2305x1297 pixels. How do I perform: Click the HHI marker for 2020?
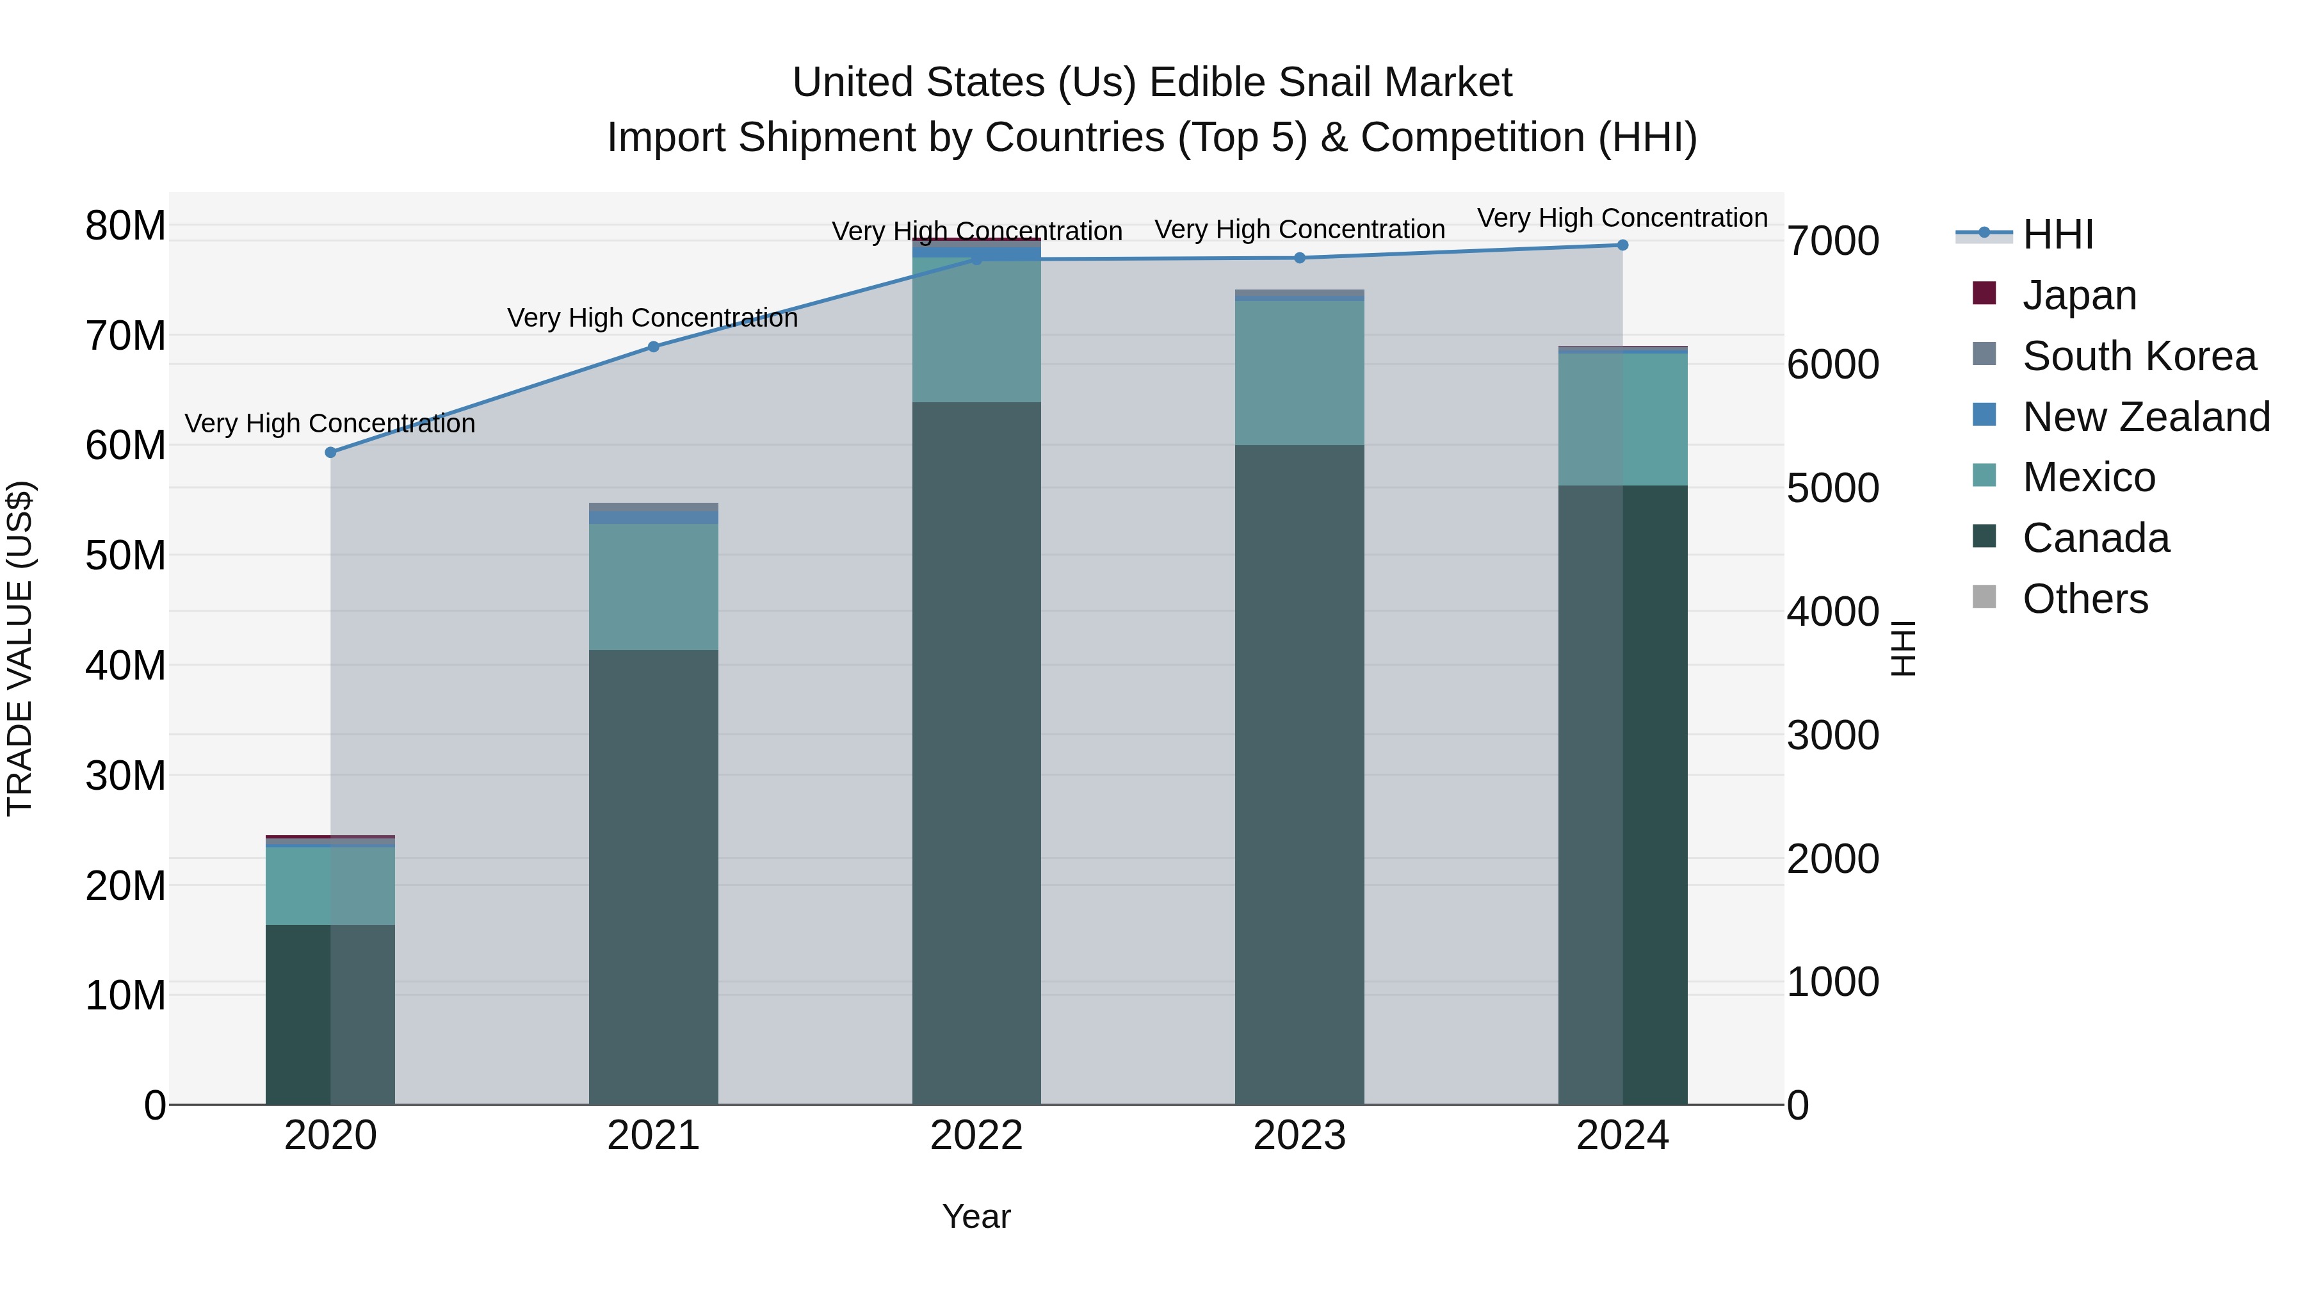point(330,452)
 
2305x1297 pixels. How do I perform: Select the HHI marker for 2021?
point(653,347)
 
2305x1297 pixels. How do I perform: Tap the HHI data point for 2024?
point(1622,245)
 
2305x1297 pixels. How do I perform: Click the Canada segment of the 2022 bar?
point(976,752)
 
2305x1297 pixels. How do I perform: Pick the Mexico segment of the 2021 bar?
point(653,586)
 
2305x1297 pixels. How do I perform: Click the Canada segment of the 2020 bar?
point(330,1013)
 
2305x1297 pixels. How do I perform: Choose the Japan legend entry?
point(2078,295)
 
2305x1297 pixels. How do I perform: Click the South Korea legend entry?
point(2139,355)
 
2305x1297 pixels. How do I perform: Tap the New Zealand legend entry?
point(2146,416)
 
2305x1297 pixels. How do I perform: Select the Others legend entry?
point(2085,598)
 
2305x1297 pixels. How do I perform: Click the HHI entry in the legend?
point(2057,234)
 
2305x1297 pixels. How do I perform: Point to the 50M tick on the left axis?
point(125,555)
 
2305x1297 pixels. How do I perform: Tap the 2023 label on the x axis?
point(1299,1135)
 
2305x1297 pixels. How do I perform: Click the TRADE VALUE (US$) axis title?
point(20,648)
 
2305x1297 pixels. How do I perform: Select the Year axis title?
point(976,1216)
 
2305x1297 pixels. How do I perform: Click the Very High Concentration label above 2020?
point(330,423)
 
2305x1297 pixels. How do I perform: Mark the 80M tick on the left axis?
point(125,225)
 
